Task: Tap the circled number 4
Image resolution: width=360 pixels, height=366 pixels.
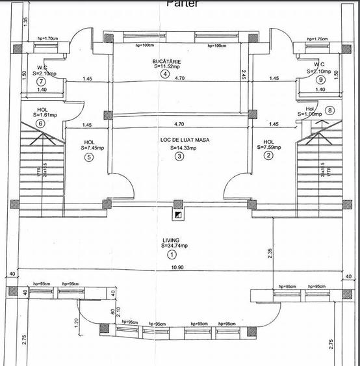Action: (165, 73)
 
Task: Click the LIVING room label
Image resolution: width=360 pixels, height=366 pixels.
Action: (171, 240)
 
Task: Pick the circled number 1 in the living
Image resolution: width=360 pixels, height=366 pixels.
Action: (172, 255)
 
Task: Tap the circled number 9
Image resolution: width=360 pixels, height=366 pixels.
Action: (320, 79)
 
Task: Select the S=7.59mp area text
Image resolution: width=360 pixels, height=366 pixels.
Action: (270, 148)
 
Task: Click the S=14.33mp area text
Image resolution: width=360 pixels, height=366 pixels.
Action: (183, 148)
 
